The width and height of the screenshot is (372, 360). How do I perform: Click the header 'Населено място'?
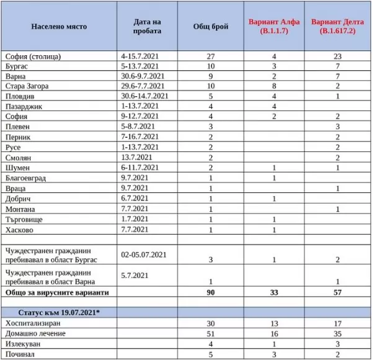pos(59,27)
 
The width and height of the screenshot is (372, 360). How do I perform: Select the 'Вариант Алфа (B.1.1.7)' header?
pos(274,26)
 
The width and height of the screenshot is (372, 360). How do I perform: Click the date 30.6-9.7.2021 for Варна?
pos(143,76)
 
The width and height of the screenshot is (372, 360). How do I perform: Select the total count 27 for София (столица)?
pos(210,56)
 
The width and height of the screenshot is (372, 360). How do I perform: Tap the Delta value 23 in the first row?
pos(339,56)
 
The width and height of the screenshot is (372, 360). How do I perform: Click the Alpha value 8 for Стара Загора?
pos(275,86)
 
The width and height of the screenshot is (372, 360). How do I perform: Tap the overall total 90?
pos(211,292)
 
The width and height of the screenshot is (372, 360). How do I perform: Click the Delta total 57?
pos(339,292)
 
